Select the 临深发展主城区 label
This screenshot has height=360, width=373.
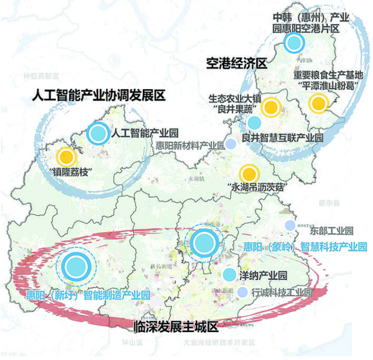click(177, 327)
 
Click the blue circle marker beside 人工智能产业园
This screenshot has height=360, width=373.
click(97, 133)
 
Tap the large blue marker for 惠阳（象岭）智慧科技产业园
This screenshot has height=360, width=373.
click(204, 243)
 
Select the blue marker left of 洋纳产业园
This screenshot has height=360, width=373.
click(229, 274)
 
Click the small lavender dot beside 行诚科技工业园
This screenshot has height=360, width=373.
click(242, 292)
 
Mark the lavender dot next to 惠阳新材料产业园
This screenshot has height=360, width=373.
click(231, 144)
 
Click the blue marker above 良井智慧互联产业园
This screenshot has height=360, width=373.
click(254, 122)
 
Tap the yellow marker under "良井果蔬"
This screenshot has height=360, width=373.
click(271, 107)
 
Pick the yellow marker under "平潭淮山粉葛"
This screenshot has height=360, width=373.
click(318, 104)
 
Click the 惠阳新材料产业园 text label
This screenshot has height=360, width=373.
click(189, 145)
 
